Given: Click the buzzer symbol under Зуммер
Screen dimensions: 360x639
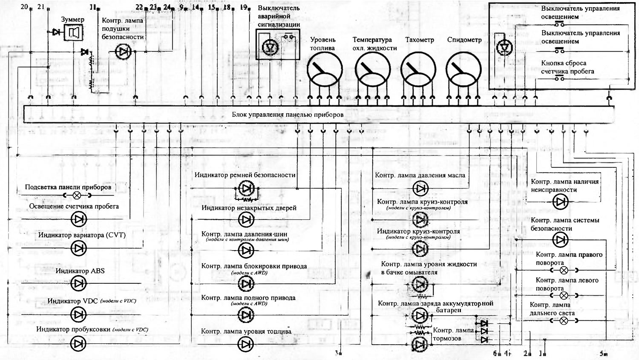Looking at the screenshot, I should click(73, 32).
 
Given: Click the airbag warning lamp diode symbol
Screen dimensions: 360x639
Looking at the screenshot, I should click(123, 52).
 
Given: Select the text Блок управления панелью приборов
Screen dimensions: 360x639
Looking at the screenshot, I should click(288, 115).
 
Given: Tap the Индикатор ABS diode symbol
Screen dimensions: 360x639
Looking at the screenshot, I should click(78, 283).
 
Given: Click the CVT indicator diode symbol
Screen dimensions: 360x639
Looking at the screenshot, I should click(78, 248).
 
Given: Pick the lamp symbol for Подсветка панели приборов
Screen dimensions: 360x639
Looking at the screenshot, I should click(77, 196).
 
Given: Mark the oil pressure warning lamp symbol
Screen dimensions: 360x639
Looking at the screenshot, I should click(420, 188).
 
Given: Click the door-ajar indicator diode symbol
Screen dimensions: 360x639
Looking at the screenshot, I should click(246, 219).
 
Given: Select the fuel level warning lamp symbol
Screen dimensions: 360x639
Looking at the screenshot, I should click(246, 343).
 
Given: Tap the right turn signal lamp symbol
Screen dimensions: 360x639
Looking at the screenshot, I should click(563, 270).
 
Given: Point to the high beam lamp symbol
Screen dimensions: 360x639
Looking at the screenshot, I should click(563, 321).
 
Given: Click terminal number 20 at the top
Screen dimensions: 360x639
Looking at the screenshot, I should click(24, 7).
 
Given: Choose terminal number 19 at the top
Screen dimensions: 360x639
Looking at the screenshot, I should click(244, 7).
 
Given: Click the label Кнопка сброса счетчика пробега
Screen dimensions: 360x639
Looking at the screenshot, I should click(567, 67).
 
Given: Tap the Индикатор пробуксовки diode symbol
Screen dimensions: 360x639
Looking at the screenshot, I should click(78, 343).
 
